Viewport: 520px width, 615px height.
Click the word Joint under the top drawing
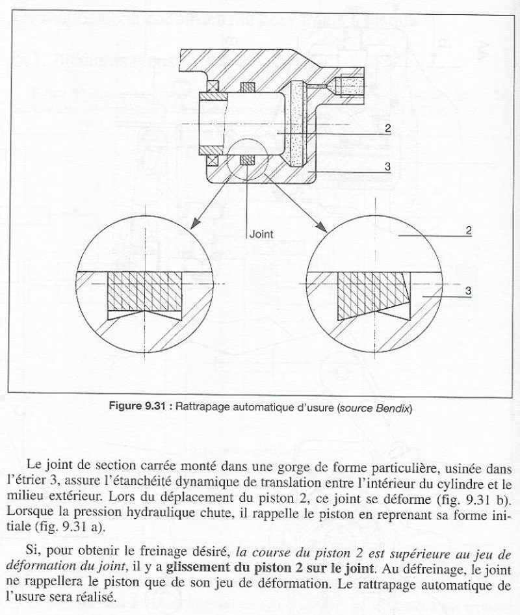261,234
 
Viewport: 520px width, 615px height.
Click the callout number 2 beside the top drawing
388,128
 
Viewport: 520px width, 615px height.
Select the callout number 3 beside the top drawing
387,166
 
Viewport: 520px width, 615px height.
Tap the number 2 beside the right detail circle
469,231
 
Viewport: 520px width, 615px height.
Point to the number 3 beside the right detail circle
468,291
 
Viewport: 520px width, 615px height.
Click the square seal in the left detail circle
144,291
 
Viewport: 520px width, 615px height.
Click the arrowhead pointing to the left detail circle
195,224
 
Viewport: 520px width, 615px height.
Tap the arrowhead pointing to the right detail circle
322,227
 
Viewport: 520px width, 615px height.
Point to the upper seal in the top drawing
248,87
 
